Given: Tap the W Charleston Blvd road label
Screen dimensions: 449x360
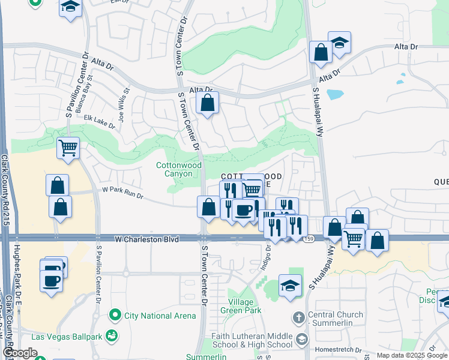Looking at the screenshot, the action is [146, 239].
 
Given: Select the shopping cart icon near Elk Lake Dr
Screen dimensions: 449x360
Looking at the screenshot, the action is [68, 147].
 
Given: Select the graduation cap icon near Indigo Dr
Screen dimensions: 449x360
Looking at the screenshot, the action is [290, 286].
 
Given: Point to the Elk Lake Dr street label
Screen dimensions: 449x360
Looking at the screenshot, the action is [100, 122].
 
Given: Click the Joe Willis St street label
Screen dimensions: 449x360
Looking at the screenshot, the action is [124, 104].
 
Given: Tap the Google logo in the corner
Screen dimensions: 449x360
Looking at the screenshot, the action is [20, 352].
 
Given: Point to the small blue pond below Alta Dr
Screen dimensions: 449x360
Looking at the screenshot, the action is [335, 94].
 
